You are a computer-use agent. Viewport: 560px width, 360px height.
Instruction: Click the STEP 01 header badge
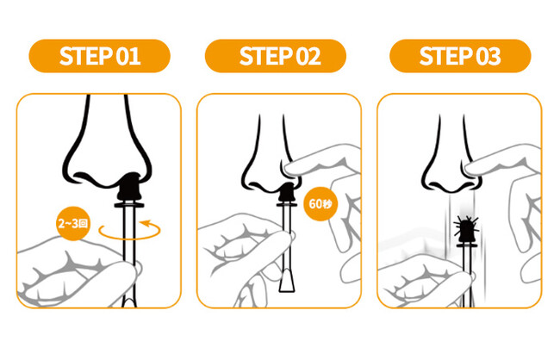(100, 56)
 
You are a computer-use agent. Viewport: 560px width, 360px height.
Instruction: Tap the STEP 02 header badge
(276, 56)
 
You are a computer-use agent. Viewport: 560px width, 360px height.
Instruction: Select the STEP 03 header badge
(460, 56)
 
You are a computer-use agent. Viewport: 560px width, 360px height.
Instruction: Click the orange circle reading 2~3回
(73, 224)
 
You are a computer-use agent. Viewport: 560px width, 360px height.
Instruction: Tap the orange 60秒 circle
(320, 204)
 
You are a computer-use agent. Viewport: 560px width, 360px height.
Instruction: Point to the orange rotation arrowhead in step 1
(146, 224)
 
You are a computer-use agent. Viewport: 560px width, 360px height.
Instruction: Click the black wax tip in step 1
(129, 186)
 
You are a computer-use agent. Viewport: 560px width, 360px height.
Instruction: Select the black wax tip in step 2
(286, 191)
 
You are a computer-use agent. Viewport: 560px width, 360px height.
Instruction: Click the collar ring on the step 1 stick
(129, 205)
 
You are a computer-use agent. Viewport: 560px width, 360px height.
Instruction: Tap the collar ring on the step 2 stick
(286, 205)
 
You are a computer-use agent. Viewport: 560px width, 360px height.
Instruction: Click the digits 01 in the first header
(128, 57)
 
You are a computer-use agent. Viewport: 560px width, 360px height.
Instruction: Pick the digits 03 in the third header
(488, 57)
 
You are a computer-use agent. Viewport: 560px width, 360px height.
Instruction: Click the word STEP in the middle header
(265, 57)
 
